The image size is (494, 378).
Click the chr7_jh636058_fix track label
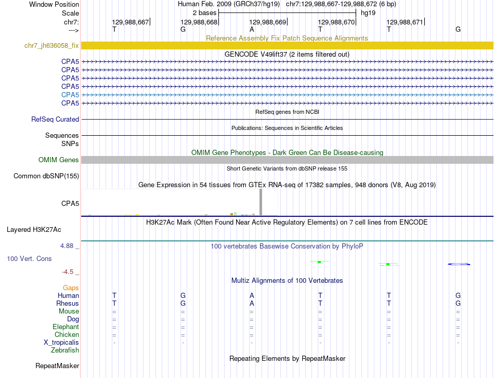(51, 45)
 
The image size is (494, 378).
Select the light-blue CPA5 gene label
(70, 95)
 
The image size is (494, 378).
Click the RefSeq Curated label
(55, 119)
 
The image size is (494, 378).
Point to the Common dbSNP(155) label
(46, 176)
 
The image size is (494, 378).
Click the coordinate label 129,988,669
(268, 22)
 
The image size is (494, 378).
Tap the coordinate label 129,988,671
(405, 22)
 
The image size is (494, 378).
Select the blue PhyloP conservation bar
(459, 264)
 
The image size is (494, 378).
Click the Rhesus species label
(68, 303)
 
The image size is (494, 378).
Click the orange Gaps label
(71, 288)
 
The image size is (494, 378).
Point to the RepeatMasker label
(57, 366)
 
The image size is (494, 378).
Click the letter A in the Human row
(252, 295)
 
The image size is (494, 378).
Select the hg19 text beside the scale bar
(368, 12)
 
